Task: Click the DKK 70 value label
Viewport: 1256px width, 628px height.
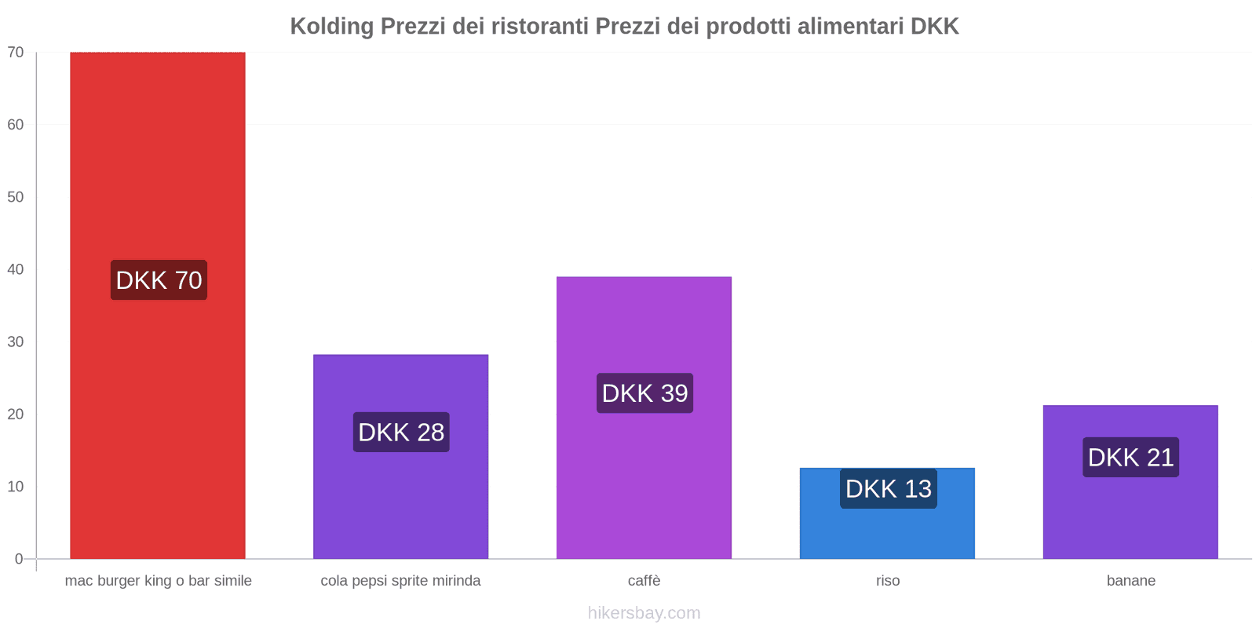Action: (x=159, y=280)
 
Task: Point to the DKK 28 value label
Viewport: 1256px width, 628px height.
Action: (x=401, y=432)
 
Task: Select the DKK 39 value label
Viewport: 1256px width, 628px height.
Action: (x=644, y=392)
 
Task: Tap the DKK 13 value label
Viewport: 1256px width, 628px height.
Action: (x=888, y=488)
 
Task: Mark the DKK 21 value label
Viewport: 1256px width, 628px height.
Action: (x=1130, y=457)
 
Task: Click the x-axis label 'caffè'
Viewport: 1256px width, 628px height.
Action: (x=644, y=581)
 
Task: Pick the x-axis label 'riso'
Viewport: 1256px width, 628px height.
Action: (x=888, y=581)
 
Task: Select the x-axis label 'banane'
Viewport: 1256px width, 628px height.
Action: (x=1130, y=581)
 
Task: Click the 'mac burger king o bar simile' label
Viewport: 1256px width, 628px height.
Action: (x=158, y=581)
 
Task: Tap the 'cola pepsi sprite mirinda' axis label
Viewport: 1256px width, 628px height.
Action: (x=400, y=581)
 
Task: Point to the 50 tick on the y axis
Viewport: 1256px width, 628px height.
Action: (x=16, y=197)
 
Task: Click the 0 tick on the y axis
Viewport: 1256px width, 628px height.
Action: (x=19, y=559)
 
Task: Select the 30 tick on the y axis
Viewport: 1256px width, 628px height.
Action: (x=16, y=341)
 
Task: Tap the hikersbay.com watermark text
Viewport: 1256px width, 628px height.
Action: (x=644, y=613)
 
